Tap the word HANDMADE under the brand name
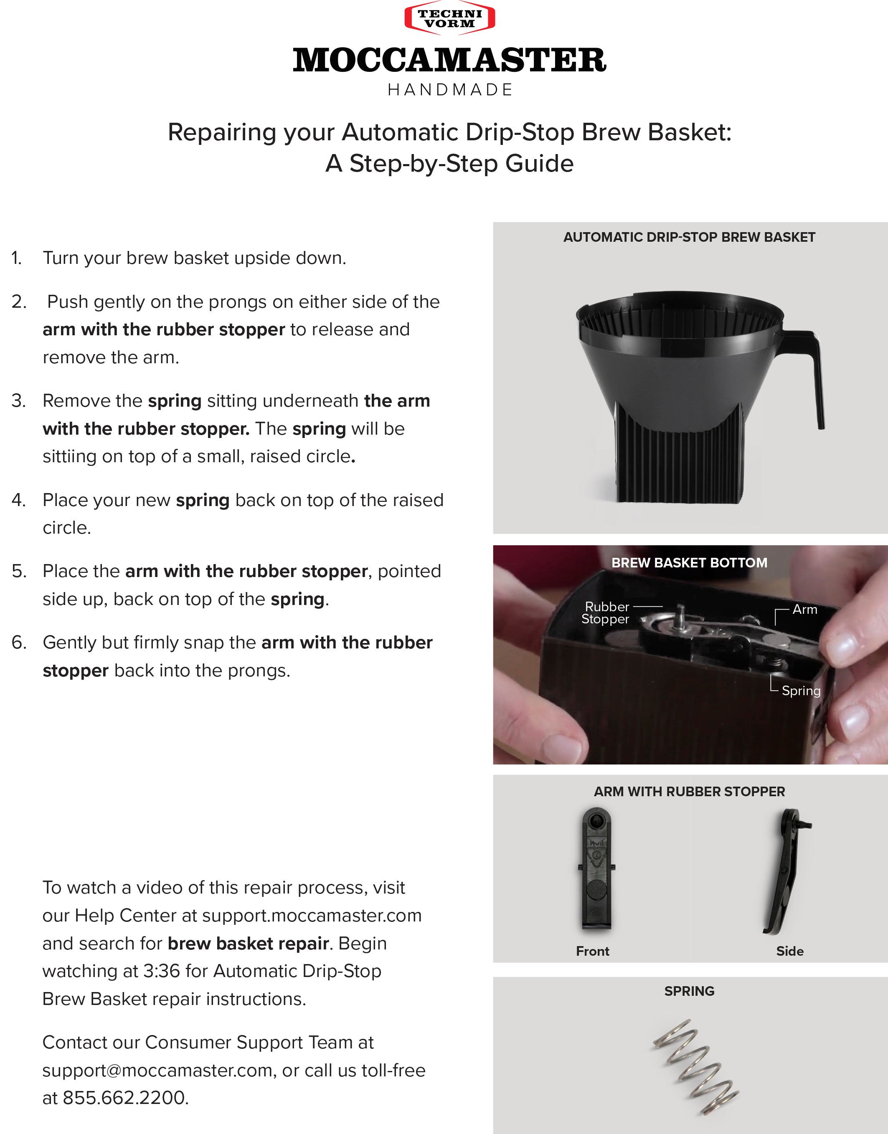pos(450,90)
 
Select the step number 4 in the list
pos(18,500)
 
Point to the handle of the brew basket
pos(812,374)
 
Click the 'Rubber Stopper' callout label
pos(606,613)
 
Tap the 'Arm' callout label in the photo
pos(805,609)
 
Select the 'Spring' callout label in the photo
pos(801,691)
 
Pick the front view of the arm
pos(596,868)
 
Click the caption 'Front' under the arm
pos(592,951)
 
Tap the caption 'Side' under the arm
pos(790,951)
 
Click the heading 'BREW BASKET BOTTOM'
pos(689,563)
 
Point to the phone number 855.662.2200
pos(125,1098)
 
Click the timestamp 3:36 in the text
pos(161,971)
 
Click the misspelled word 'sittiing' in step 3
pos(68,456)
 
